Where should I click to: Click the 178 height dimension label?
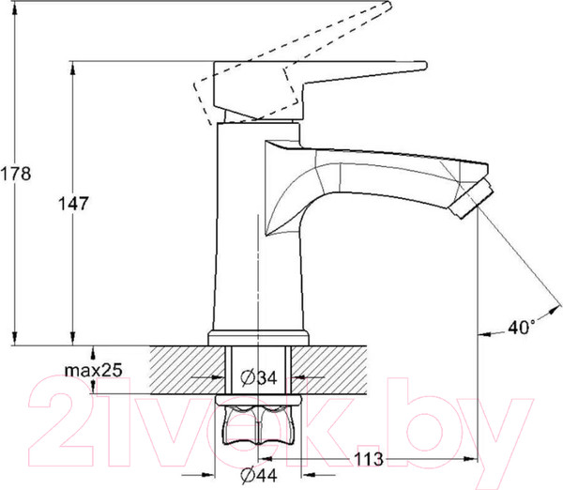16,174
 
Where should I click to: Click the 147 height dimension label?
73,204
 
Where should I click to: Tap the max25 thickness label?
93,370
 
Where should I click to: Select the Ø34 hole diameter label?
259,377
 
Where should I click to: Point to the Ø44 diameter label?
259,475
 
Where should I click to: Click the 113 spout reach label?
369,459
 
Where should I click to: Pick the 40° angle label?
522,327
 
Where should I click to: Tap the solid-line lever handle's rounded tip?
424,66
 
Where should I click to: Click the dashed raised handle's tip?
388,5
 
